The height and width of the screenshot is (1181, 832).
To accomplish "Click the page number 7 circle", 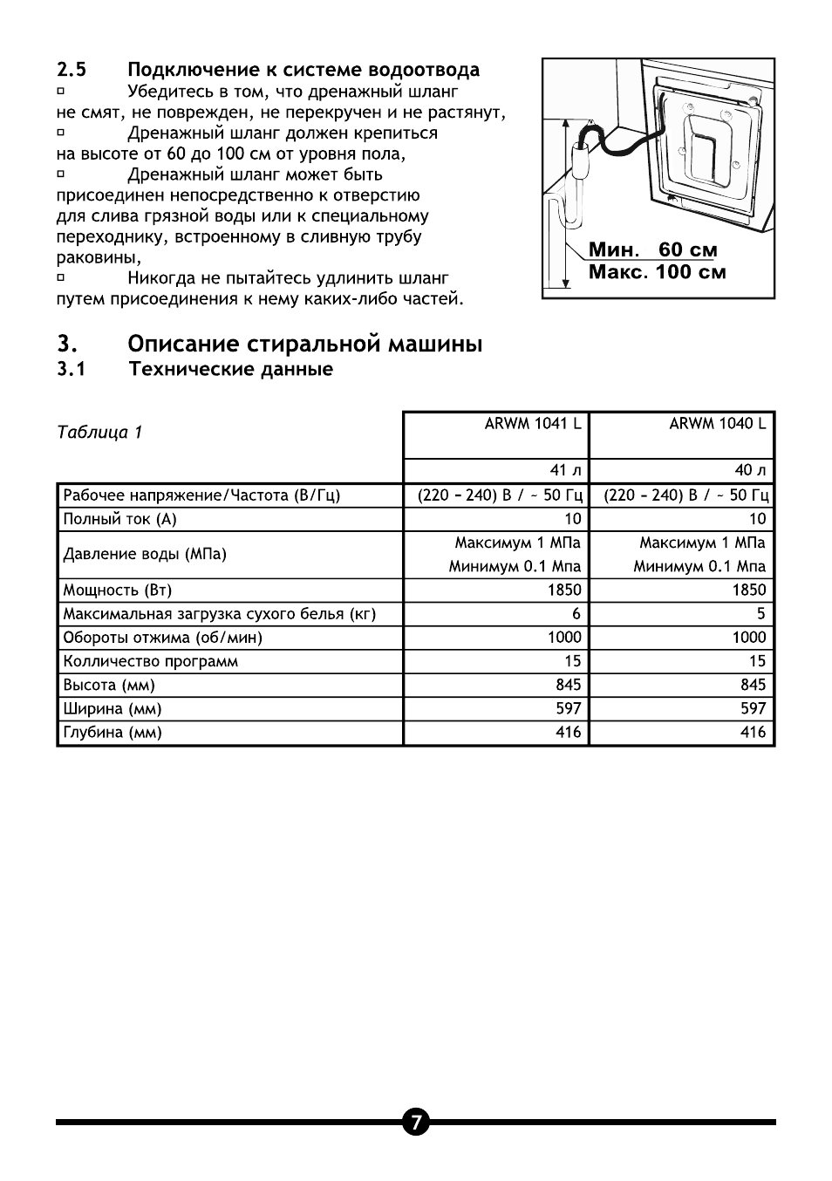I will (x=416, y=1122).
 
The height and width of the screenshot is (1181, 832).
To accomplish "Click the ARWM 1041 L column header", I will (x=533, y=424).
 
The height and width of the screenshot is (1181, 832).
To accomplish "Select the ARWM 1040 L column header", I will (x=718, y=424).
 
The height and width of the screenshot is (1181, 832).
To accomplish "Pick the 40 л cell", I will (x=750, y=471).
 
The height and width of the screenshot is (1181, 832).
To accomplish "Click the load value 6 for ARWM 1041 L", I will (x=576, y=614).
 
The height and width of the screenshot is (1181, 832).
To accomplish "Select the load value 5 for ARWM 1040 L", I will (x=760, y=614).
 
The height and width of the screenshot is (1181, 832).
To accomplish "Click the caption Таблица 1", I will (x=99, y=433).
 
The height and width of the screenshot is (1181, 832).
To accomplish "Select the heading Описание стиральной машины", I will (x=305, y=344).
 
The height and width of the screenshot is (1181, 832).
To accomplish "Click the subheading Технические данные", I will (x=231, y=369).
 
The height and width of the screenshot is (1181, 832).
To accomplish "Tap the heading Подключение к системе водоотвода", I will (x=303, y=70).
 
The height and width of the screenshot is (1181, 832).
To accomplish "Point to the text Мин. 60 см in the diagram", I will (x=653, y=249).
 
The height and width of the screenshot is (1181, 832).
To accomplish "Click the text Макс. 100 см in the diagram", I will (x=657, y=271).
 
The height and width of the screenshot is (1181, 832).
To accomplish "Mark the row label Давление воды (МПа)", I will (x=145, y=555).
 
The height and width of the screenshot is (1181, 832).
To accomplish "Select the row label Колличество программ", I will (x=151, y=661).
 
